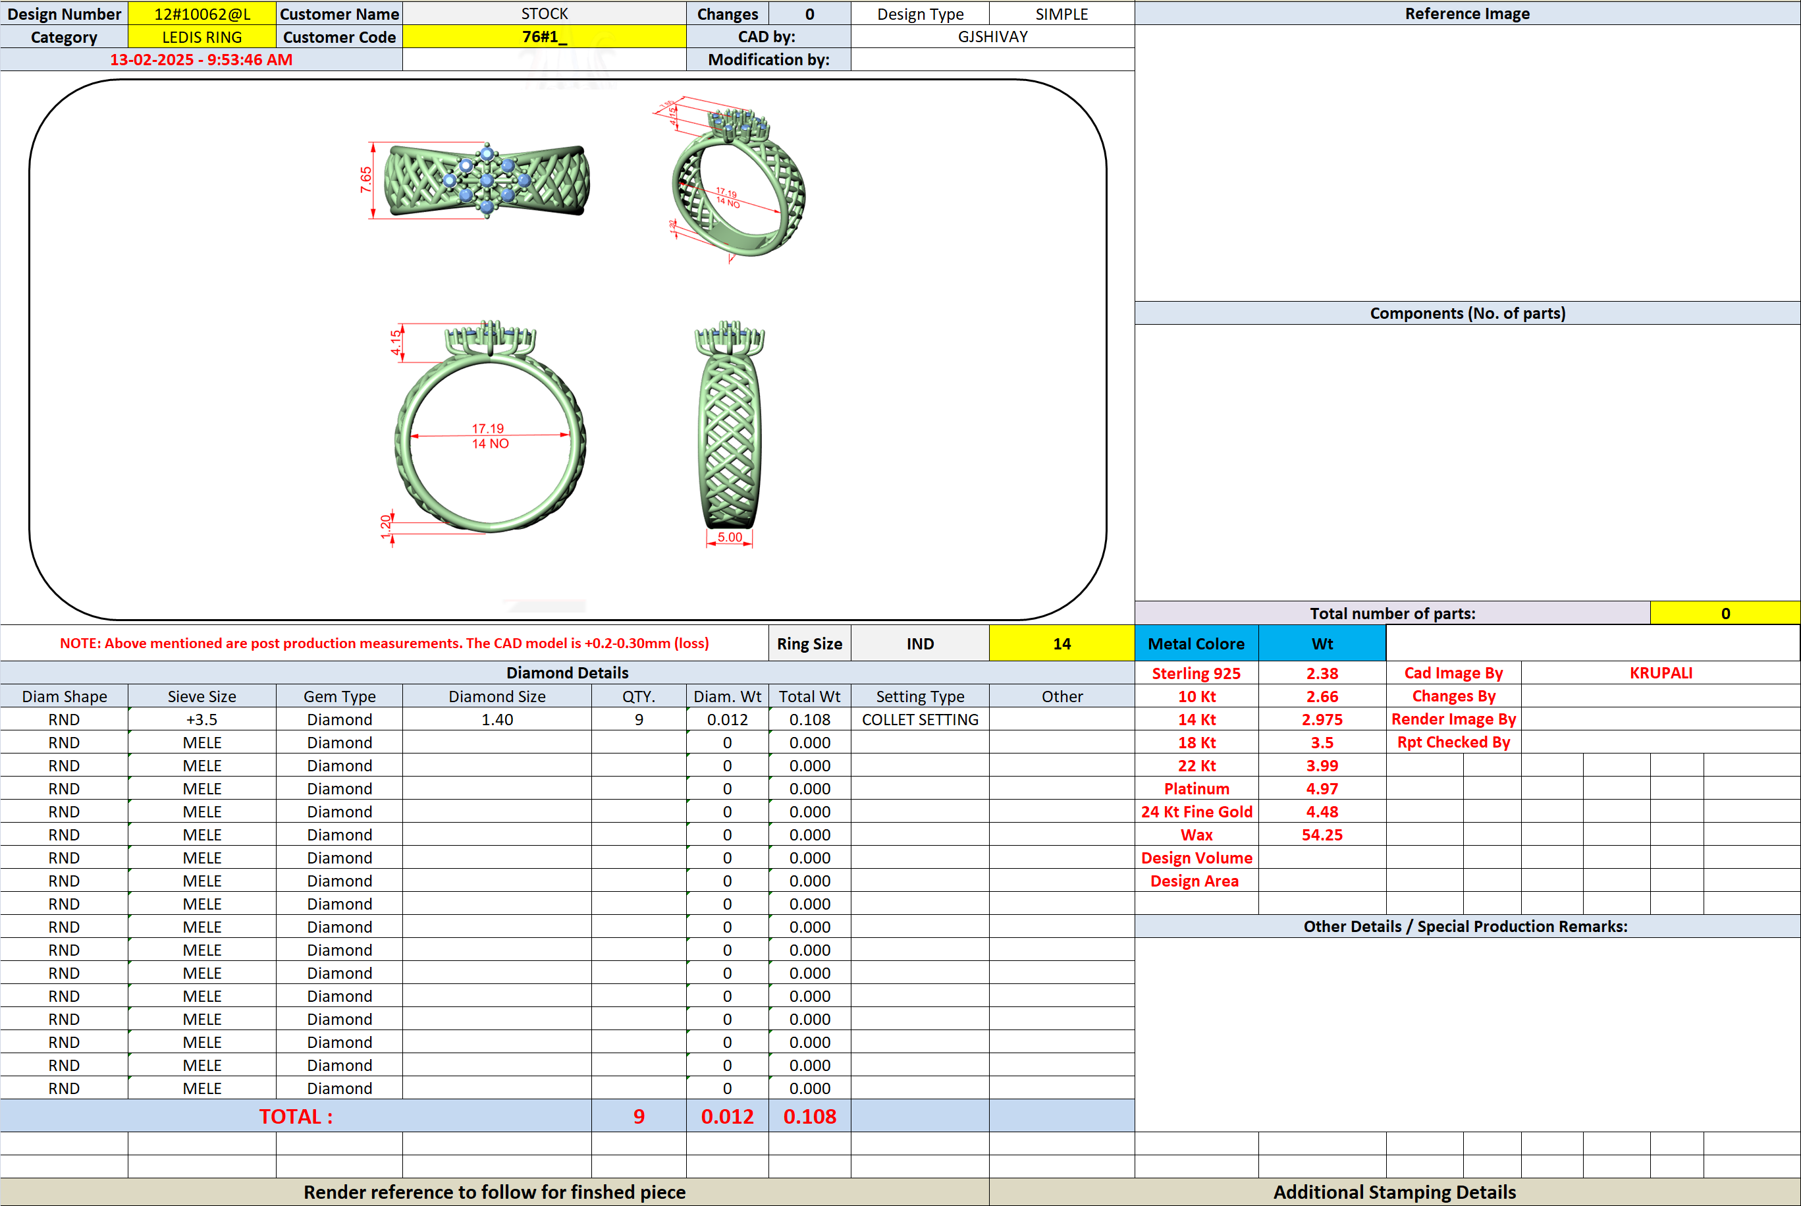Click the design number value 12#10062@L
[202, 14]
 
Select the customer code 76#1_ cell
[545, 37]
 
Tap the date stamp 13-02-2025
[151, 60]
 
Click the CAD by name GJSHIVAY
[993, 37]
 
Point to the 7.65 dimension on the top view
[366, 180]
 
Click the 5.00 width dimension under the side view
[730, 537]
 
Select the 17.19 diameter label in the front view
[487, 428]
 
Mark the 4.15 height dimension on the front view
[395, 343]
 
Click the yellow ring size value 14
[1062, 644]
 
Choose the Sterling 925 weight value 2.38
[1322, 674]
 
